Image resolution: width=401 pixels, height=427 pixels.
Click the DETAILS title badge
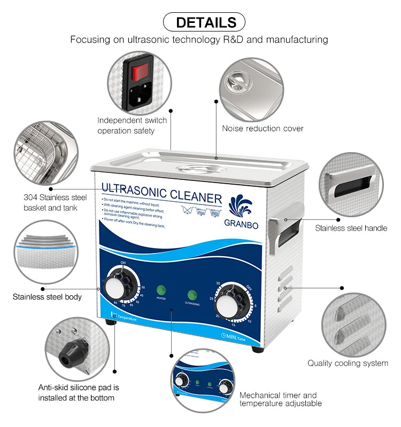point(203,22)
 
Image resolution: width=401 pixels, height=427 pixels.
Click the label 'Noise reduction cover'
point(263,128)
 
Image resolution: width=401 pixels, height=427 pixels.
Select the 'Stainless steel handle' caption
point(351,228)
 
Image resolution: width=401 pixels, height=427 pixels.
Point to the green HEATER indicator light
point(160,290)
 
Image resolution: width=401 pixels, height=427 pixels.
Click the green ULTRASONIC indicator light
point(192,295)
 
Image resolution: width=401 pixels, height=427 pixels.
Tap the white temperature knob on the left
point(114,289)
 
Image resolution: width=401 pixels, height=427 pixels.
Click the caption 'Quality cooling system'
point(348,363)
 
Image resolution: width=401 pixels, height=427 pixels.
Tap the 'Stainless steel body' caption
point(47,296)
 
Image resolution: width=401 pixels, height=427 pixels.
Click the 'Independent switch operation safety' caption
point(132,125)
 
